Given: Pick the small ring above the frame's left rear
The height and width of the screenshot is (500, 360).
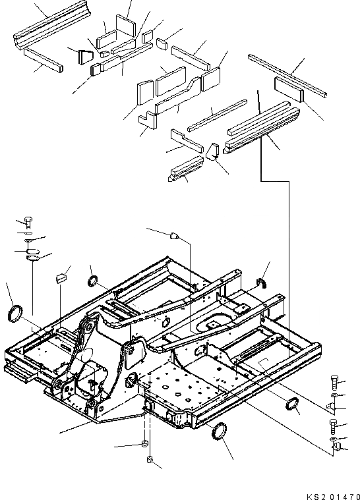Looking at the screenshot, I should pyautogui.click(x=93, y=282).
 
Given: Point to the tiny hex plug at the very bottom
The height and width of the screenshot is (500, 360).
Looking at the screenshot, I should pyautogui.click(x=150, y=460).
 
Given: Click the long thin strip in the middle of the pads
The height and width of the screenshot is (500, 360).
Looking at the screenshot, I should pyautogui.click(x=217, y=115).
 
